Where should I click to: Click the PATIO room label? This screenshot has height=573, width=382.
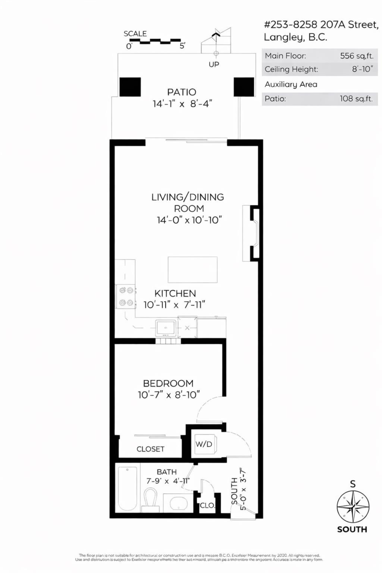(181, 92)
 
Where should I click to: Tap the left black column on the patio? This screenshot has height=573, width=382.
(130, 86)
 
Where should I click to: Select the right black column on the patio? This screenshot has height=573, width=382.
(243, 86)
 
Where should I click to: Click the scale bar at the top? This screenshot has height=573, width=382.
(155, 41)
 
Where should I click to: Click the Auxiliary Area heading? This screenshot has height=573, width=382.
(291, 85)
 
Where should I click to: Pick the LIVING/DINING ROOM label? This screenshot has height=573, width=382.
(187, 202)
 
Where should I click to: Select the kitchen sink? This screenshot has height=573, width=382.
(166, 328)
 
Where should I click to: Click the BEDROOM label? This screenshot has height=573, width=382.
(169, 383)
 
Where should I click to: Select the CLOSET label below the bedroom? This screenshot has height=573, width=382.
(150, 449)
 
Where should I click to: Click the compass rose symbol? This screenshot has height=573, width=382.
(352, 507)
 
